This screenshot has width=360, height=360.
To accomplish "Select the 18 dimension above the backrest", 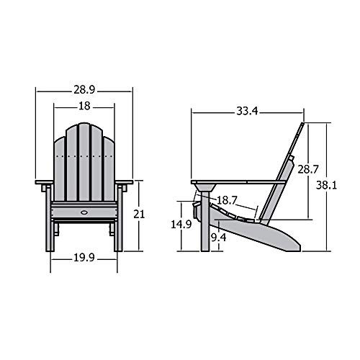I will (84, 107).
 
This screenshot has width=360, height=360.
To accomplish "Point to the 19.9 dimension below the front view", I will (84, 258).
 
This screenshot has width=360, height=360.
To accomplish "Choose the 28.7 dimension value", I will (307, 170).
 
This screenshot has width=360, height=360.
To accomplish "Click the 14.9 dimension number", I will (184, 225).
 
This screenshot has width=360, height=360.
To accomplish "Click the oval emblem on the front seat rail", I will (84, 212).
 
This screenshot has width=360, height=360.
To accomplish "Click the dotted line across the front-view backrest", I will (84, 156).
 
